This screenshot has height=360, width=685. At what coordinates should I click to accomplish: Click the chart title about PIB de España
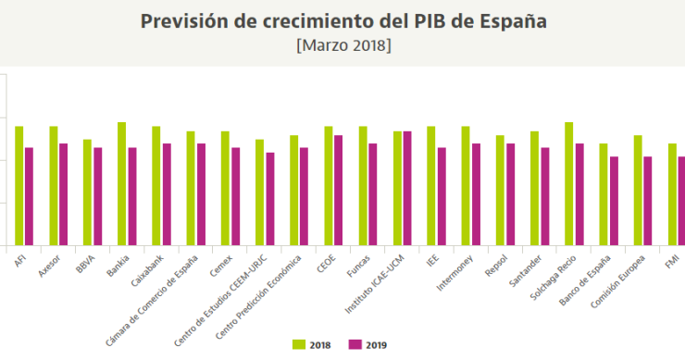(342, 21)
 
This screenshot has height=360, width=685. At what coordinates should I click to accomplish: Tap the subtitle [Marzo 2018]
(342, 44)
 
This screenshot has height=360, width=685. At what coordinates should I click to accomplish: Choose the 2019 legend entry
(367, 344)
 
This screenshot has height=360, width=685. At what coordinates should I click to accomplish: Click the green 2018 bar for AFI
(19, 185)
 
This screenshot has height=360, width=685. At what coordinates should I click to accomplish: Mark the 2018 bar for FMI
(672, 194)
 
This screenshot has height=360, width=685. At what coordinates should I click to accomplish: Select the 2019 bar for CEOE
(338, 190)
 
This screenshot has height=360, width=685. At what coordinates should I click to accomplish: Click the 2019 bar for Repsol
(510, 194)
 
